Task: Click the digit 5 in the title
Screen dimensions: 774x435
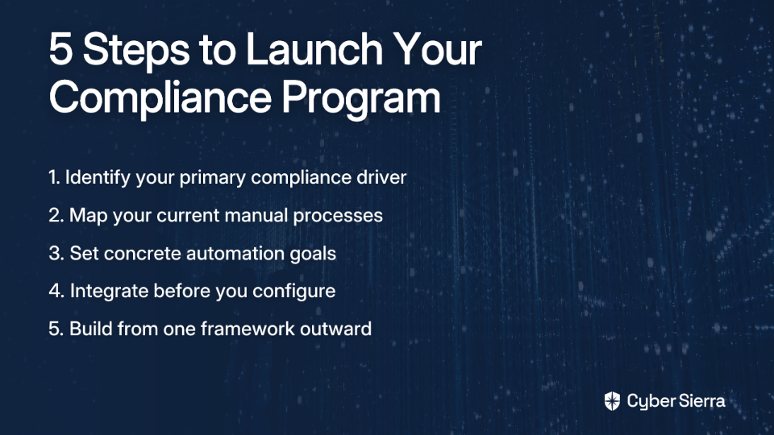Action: (61, 49)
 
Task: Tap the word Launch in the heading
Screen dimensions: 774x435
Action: (314, 48)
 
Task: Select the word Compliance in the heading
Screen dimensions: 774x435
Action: (160, 97)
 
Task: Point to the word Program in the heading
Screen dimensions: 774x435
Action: (361, 98)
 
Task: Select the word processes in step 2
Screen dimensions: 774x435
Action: (338, 216)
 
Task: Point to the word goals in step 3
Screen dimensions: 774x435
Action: (313, 254)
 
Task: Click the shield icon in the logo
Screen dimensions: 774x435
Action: (612, 401)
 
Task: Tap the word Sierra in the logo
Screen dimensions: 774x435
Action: (701, 400)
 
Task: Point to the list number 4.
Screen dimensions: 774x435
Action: (56, 291)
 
